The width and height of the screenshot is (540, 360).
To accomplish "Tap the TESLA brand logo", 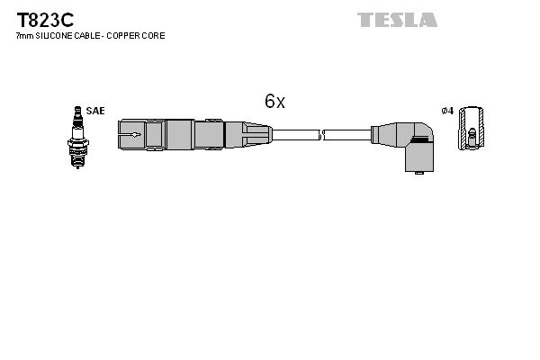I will click(397, 20).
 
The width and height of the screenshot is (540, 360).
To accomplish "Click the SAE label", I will click(96, 111).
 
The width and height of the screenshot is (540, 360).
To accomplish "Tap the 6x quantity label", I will click(274, 102).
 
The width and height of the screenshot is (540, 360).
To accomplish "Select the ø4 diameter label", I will click(447, 111).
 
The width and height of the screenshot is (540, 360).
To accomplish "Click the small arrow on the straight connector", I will click(132, 135).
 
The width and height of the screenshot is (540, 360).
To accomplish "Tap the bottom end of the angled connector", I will click(416, 168).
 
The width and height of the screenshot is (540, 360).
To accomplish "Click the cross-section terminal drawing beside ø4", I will click(470, 130).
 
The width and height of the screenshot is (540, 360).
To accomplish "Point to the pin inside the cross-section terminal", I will click(470, 139).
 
